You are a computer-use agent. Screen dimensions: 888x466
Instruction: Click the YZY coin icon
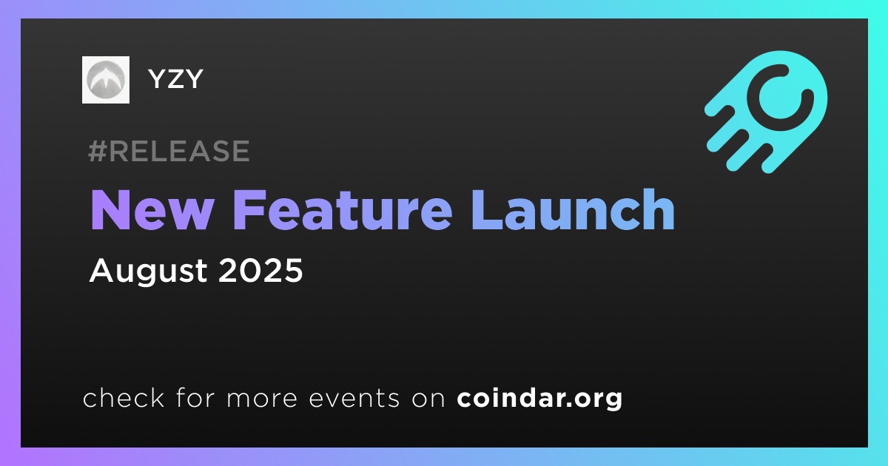point(105,80)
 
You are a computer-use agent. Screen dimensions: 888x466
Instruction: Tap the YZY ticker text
point(175,79)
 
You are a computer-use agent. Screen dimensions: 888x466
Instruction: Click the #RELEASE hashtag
point(169,151)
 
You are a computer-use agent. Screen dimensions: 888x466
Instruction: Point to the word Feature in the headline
point(343,209)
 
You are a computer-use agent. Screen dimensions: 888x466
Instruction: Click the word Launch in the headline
point(573,209)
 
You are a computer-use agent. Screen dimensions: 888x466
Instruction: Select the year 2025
point(260,270)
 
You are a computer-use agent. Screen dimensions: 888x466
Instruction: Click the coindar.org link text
point(539,398)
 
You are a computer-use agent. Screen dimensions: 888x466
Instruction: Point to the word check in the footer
point(124,397)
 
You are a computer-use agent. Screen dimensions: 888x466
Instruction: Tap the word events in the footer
point(354,399)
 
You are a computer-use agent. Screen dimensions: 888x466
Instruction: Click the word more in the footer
point(262,399)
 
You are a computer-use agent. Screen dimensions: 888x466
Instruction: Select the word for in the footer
point(195,397)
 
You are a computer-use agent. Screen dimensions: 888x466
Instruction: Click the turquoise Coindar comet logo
point(766,112)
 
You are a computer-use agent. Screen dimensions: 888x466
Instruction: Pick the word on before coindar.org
point(428,399)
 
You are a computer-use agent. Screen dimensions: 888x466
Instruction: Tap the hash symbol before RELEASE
point(97,151)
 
